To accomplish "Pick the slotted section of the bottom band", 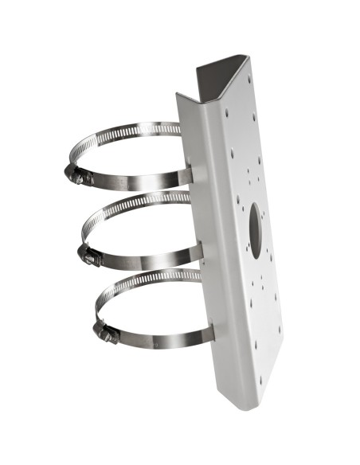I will click(147, 278).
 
